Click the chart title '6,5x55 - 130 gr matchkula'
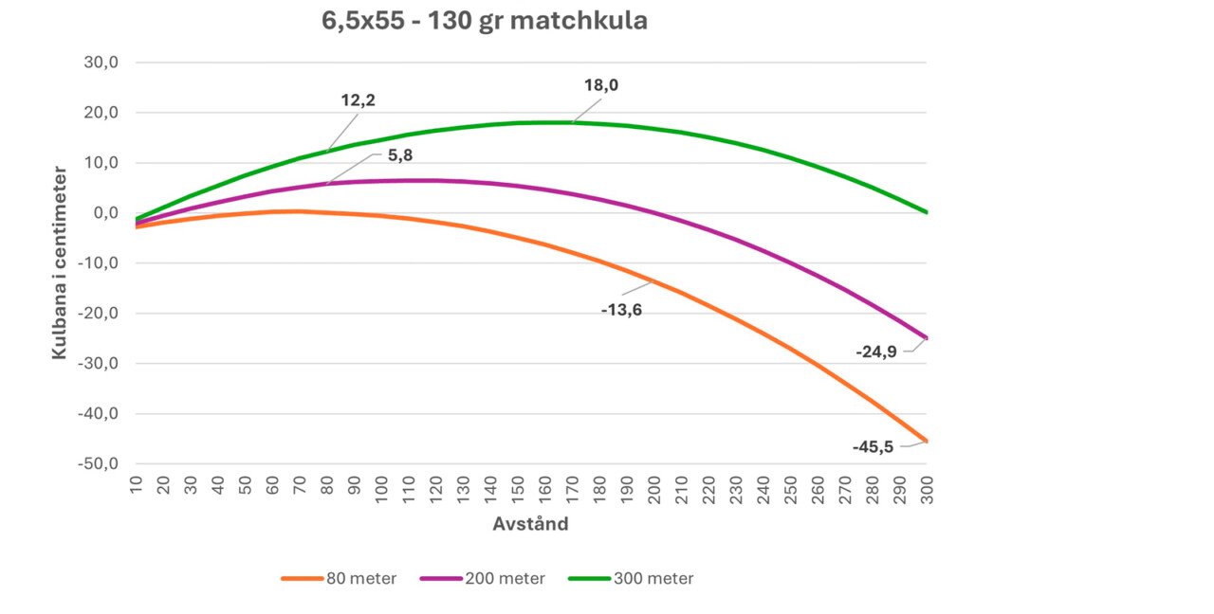[x=485, y=21]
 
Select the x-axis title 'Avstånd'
[x=530, y=523]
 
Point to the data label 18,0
[x=601, y=85]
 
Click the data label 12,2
[x=359, y=99]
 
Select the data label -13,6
[x=621, y=310]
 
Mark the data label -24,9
[x=876, y=352]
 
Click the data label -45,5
[x=873, y=447]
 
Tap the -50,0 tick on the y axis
[x=97, y=464]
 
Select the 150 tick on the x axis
[x=518, y=490]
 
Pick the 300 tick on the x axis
[x=927, y=490]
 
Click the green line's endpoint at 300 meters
[x=926, y=212]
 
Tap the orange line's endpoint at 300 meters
[x=926, y=442]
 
